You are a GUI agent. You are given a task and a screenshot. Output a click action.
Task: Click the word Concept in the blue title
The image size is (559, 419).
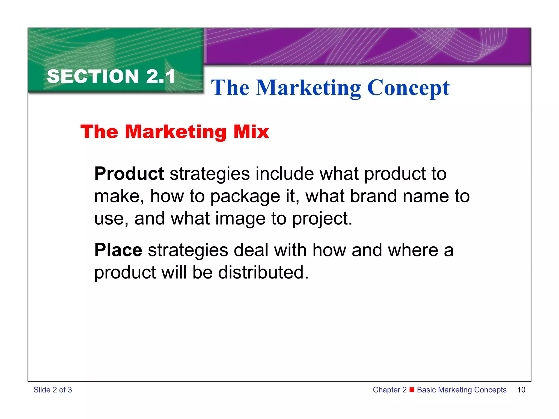[408, 88]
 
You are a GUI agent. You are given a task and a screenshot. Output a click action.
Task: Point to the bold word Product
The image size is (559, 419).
[129, 173]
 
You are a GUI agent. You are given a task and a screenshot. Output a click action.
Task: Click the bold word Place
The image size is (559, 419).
[118, 250]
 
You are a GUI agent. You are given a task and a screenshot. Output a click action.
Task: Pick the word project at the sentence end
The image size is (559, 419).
[322, 219]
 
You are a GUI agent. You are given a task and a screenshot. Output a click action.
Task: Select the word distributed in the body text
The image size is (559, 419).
[263, 272]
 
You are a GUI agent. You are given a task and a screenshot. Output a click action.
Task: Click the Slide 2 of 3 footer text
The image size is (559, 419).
[53, 390]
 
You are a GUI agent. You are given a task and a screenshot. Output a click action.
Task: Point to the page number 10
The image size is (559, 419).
[521, 390]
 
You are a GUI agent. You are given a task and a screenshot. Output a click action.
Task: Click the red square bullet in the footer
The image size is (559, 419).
[412, 389]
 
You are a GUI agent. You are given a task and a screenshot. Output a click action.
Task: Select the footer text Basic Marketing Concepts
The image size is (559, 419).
[462, 390]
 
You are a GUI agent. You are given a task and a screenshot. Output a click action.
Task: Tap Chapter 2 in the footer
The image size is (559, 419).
[389, 390]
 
